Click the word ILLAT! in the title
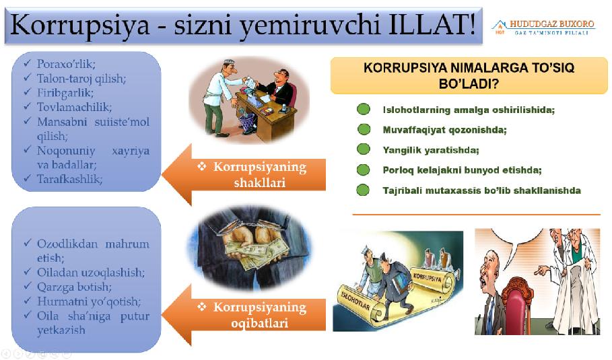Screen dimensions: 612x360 432,24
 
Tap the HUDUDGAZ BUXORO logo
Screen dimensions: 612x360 543,28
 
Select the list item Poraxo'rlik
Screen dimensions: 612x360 66,64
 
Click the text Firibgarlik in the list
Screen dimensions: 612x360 65,93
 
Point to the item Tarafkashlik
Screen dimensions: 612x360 69,179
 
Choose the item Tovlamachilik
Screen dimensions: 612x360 74,107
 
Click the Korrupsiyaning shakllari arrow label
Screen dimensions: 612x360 260,174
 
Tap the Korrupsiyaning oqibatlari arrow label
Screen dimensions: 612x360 260,315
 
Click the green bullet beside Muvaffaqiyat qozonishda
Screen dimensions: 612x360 364,129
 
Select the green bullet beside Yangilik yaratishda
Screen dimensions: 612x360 364,149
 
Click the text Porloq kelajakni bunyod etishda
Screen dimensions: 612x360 462,170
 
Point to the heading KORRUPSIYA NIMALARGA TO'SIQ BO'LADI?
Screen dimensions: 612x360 469,75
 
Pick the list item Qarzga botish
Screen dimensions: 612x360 74,287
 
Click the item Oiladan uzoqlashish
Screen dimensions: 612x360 90,273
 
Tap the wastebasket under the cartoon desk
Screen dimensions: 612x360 246,120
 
